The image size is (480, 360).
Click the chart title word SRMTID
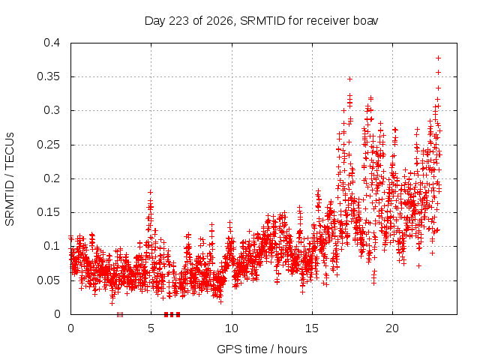(262, 21)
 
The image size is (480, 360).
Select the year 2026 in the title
(220, 21)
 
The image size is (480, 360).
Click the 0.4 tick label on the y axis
(52, 43)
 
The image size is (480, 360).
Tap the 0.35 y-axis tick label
(48, 76)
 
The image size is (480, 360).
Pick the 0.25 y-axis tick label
(48, 145)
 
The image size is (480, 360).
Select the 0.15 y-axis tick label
(48, 212)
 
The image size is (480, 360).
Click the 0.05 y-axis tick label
(48, 280)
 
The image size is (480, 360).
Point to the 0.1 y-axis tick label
(52, 247)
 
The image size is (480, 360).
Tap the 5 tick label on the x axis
(151, 328)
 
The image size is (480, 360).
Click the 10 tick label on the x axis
(232, 328)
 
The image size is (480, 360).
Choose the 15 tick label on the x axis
(312, 328)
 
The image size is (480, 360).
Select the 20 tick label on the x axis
(392, 328)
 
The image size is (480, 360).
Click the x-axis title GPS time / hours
(262, 349)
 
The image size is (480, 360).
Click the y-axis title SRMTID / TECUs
(10, 179)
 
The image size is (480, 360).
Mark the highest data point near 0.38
(438, 58)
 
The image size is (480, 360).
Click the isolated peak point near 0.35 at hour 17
(350, 79)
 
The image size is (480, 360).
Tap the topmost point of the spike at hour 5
(150, 192)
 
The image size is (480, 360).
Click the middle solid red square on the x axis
(172, 314)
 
